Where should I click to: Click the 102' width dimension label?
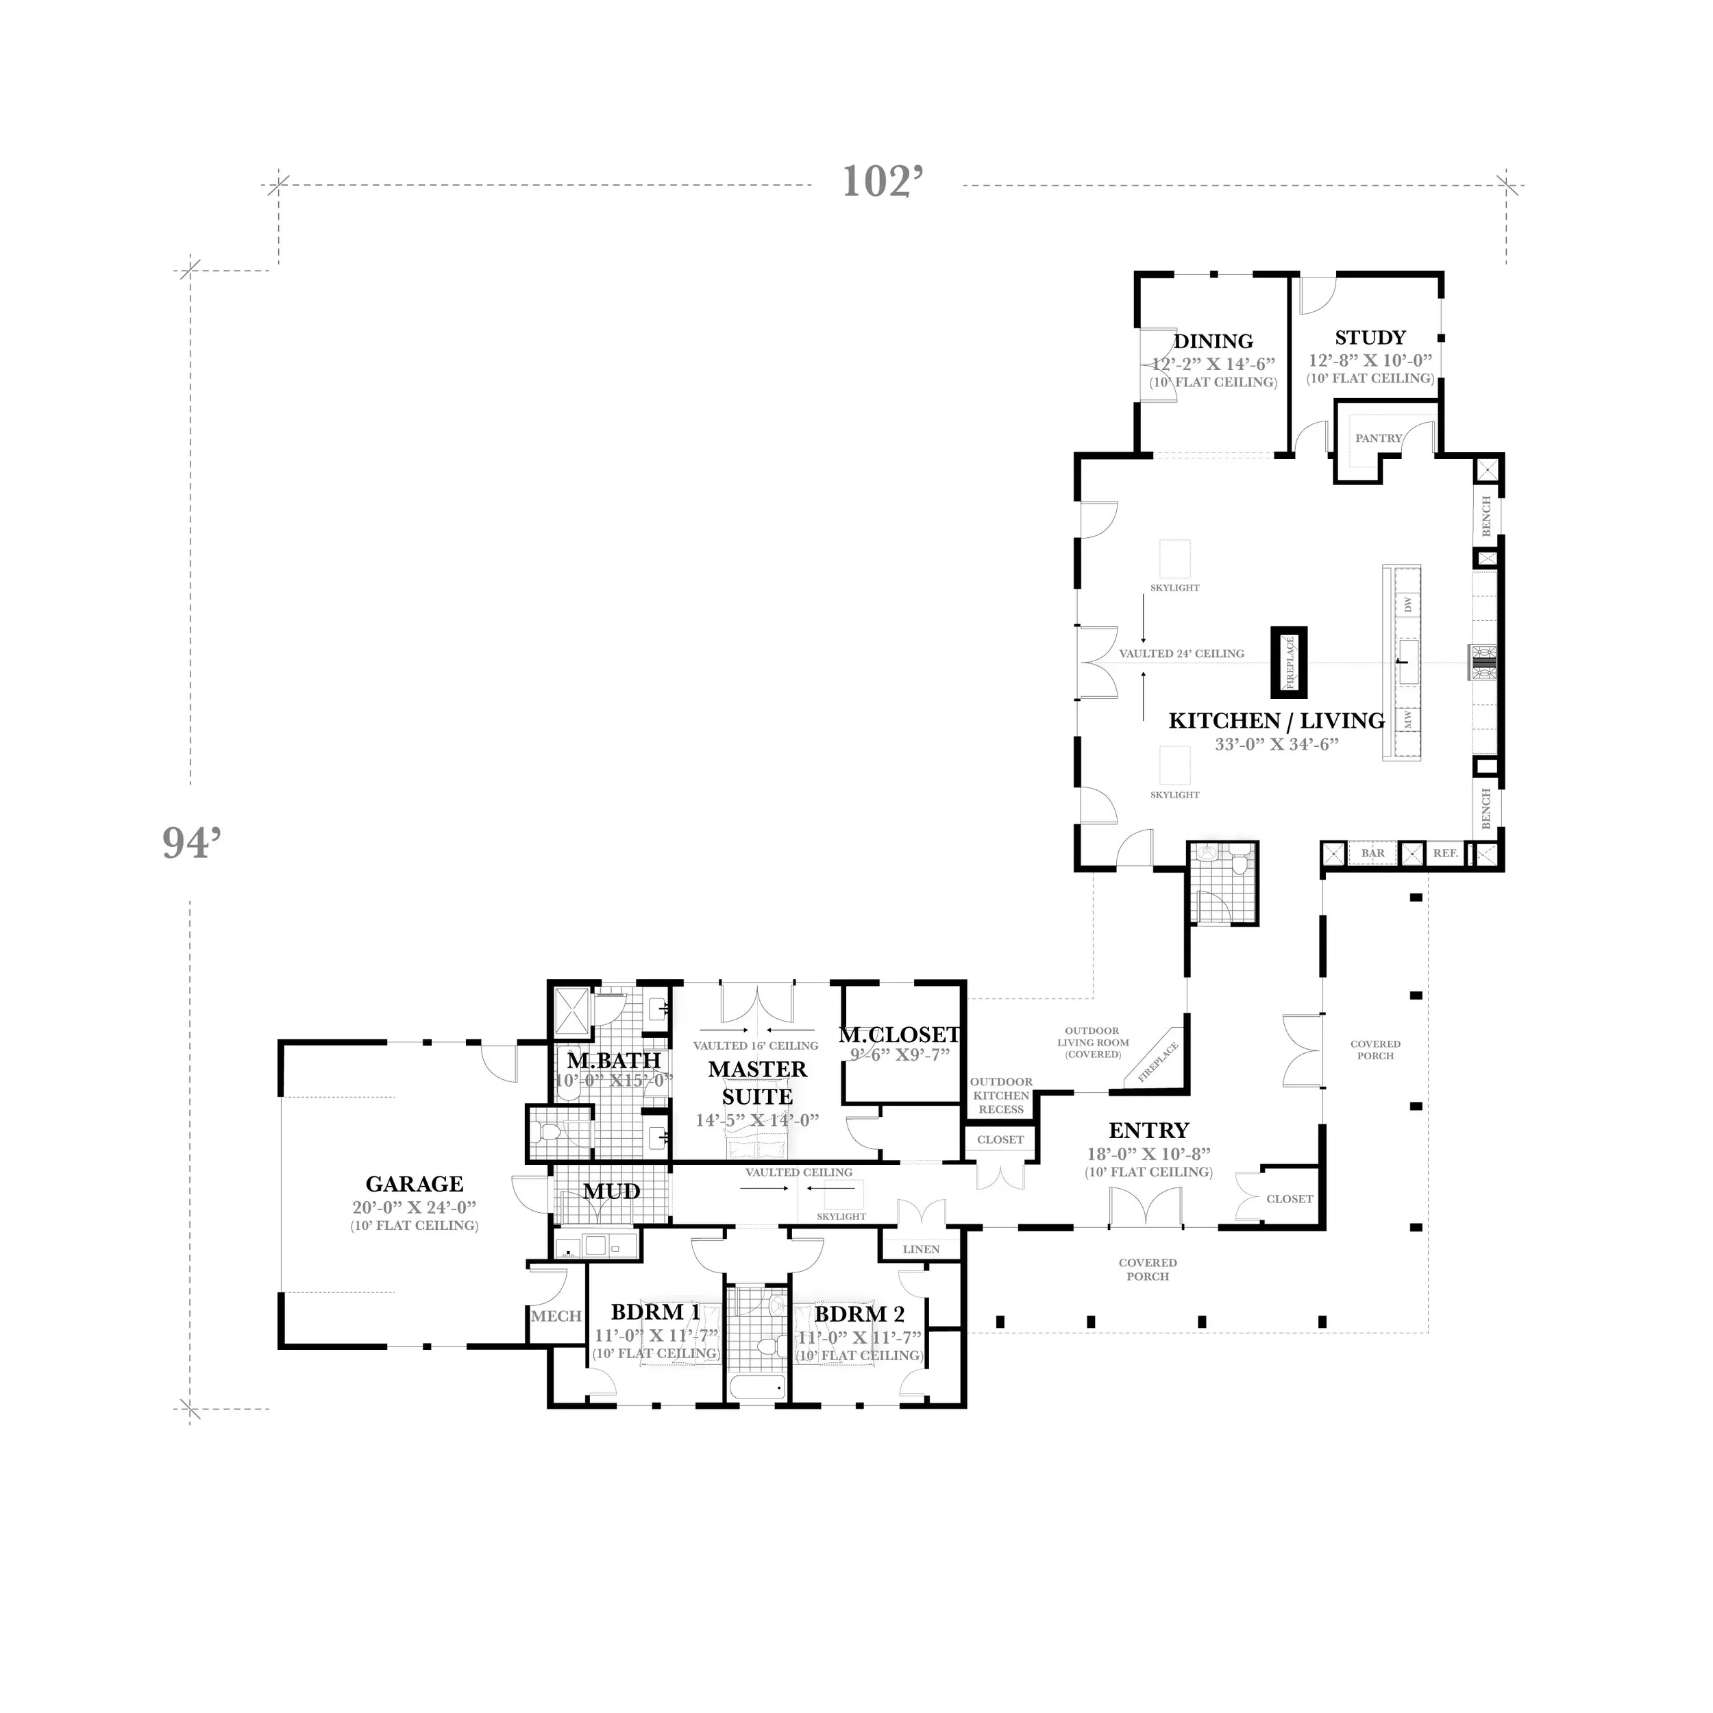(883, 182)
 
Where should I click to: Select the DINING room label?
(1213, 341)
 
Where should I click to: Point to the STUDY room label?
(1370, 338)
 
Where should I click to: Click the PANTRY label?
(1378, 438)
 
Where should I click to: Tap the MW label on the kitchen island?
(1408, 719)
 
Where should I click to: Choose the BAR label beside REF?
(1372, 853)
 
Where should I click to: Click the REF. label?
(1445, 853)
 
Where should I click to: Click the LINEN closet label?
(920, 1249)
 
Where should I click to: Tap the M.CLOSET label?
(899, 1035)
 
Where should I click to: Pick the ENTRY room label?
(1148, 1131)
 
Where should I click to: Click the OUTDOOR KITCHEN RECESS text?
(1001, 1095)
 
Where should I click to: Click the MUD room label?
(612, 1192)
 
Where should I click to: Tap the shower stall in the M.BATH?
(572, 1013)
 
